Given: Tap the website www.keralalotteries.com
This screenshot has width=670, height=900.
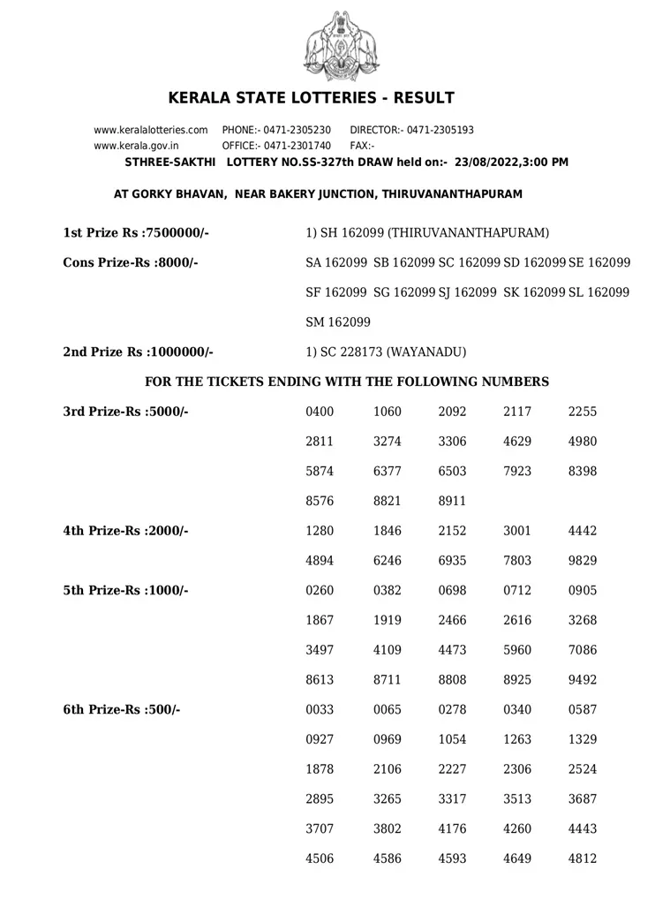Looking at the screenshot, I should click(151, 130).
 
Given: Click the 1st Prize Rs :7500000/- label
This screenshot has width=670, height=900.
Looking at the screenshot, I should click(136, 232).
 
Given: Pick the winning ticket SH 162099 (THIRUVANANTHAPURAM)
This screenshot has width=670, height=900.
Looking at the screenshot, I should click(427, 232).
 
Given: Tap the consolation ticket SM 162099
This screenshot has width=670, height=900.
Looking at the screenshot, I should click(338, 321).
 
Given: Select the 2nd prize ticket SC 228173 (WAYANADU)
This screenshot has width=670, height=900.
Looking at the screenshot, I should click(386, 352).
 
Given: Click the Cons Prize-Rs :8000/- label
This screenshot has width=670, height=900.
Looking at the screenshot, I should click(131, 262).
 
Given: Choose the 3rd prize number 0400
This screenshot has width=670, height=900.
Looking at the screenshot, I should click(320, 412).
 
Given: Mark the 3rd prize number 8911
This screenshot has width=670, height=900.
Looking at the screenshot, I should click(452, 501).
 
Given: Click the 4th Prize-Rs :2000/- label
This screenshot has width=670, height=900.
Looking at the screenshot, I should click(126, 531).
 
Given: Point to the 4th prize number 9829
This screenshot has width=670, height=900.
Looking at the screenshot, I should click(583, 561).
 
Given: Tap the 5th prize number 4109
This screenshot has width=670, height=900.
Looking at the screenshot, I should click(388, 650).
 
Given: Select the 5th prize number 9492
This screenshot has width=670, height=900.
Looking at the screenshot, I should click(583, 680).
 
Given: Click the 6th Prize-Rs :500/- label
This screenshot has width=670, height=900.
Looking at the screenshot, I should click(122, 710).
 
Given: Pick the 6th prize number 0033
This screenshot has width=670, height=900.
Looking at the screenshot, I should click(320, 710).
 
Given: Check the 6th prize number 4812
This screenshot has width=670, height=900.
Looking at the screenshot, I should click(583, 858).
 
